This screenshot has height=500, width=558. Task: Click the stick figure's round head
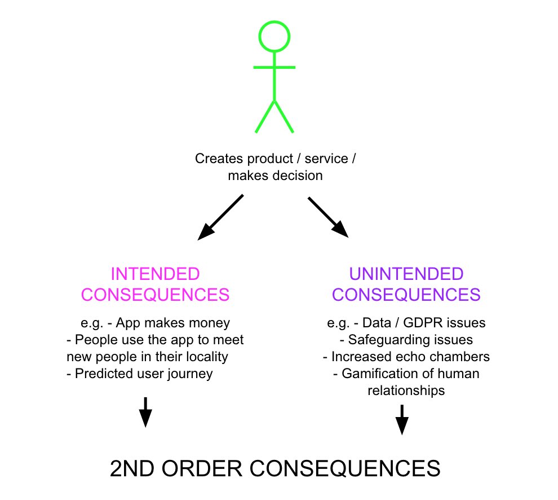pos(274,36)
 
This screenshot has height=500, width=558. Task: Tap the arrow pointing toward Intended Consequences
pos(220,217)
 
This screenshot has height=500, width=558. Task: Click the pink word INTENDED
pos(155,274)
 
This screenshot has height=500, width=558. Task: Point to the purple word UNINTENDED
pos(406,274)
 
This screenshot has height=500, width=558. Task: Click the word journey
pos(191,374)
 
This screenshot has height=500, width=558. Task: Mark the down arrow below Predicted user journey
pos(145,412)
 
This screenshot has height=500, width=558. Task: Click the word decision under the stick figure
pos(299,176)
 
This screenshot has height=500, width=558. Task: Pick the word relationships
pos(406,391)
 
